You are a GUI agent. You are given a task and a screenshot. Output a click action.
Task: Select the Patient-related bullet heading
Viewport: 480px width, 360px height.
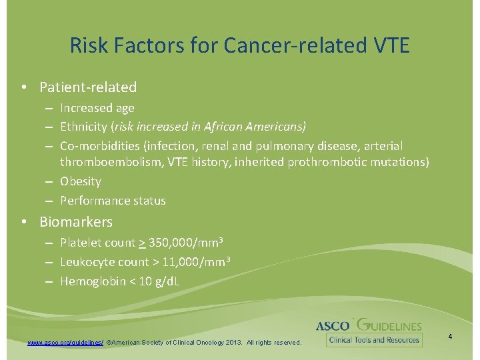coord(87,87)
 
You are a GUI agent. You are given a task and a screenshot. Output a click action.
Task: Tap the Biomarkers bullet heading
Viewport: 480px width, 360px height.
coord(75,222)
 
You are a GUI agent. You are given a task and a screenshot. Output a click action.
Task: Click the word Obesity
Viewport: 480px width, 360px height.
coord(81,181)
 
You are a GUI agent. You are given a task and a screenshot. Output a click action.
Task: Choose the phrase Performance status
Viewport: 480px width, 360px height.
coord(113,200)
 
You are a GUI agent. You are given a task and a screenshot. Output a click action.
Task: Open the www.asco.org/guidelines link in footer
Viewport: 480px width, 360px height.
coord(65,342)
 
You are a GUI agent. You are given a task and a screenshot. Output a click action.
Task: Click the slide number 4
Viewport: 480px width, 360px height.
coord(450,337)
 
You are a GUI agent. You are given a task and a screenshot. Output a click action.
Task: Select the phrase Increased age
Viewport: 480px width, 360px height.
coord(97,107)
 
